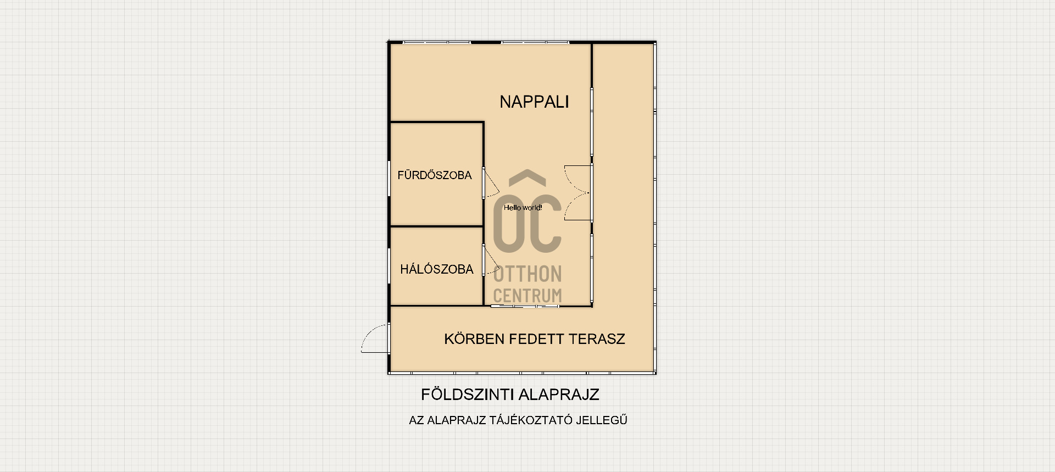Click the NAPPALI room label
click(x=534, y=102)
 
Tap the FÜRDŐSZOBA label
click(x=435, y=175)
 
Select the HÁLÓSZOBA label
click(x=437, y=269)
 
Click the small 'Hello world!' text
click(x=523, y=208)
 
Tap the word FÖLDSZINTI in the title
click(x=468, y=394)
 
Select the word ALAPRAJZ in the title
click(x=559, y=394)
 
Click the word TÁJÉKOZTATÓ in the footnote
click(x=530, y=420)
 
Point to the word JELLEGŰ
click(x=602, y=420)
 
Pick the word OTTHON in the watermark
click(x=527, y=274)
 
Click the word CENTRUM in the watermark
click(x=527, y=296)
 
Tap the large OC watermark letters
click(x=527, y=223)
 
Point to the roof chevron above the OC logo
click(x=527, y=177)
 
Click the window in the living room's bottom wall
click(x=525, y=306)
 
